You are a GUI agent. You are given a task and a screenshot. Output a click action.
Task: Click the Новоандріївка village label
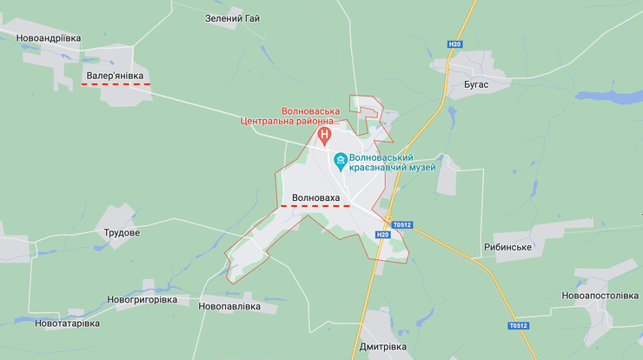(x=50, y=37)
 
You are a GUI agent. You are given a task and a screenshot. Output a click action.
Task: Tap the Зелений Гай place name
(x=232, y=17)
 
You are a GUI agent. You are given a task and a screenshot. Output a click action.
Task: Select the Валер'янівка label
(x=115, y=76)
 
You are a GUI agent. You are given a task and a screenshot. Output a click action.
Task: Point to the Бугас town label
(x=470, y=83)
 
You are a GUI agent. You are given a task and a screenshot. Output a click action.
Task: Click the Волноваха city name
(x=316, y=197)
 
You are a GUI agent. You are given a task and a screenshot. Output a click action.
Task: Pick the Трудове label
(x=122, y=232)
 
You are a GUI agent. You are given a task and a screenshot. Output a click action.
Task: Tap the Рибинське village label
(x=507, y=247)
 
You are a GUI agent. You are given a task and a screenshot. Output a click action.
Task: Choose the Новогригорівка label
(x=142, y=299)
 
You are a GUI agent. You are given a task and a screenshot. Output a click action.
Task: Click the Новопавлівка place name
(x=229, y=306)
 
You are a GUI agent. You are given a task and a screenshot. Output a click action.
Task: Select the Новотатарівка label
(x=67, y=323)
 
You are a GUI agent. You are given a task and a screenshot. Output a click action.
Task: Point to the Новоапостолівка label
(x=600, y=296)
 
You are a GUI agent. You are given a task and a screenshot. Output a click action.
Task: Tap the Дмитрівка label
(x=383, y=346)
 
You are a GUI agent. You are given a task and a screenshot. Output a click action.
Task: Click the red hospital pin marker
(x=325, y=136)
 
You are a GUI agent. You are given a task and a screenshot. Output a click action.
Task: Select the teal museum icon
(x=341, y=161)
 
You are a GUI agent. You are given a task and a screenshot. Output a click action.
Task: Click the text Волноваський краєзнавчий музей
(x=392, y=162)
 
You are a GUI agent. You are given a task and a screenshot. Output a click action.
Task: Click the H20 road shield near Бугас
(x=454, y=44)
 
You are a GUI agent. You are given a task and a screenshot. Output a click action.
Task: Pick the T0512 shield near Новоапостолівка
(x=518, y=326)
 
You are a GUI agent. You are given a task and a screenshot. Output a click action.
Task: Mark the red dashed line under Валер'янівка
(x=116, y=84)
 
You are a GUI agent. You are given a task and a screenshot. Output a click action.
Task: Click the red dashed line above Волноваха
(x=315, y=206)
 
